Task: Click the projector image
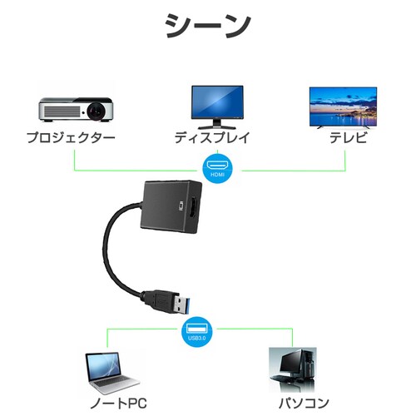tap(76, 109)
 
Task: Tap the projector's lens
tap(100, 110)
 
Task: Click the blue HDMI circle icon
tap(217, 166)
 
